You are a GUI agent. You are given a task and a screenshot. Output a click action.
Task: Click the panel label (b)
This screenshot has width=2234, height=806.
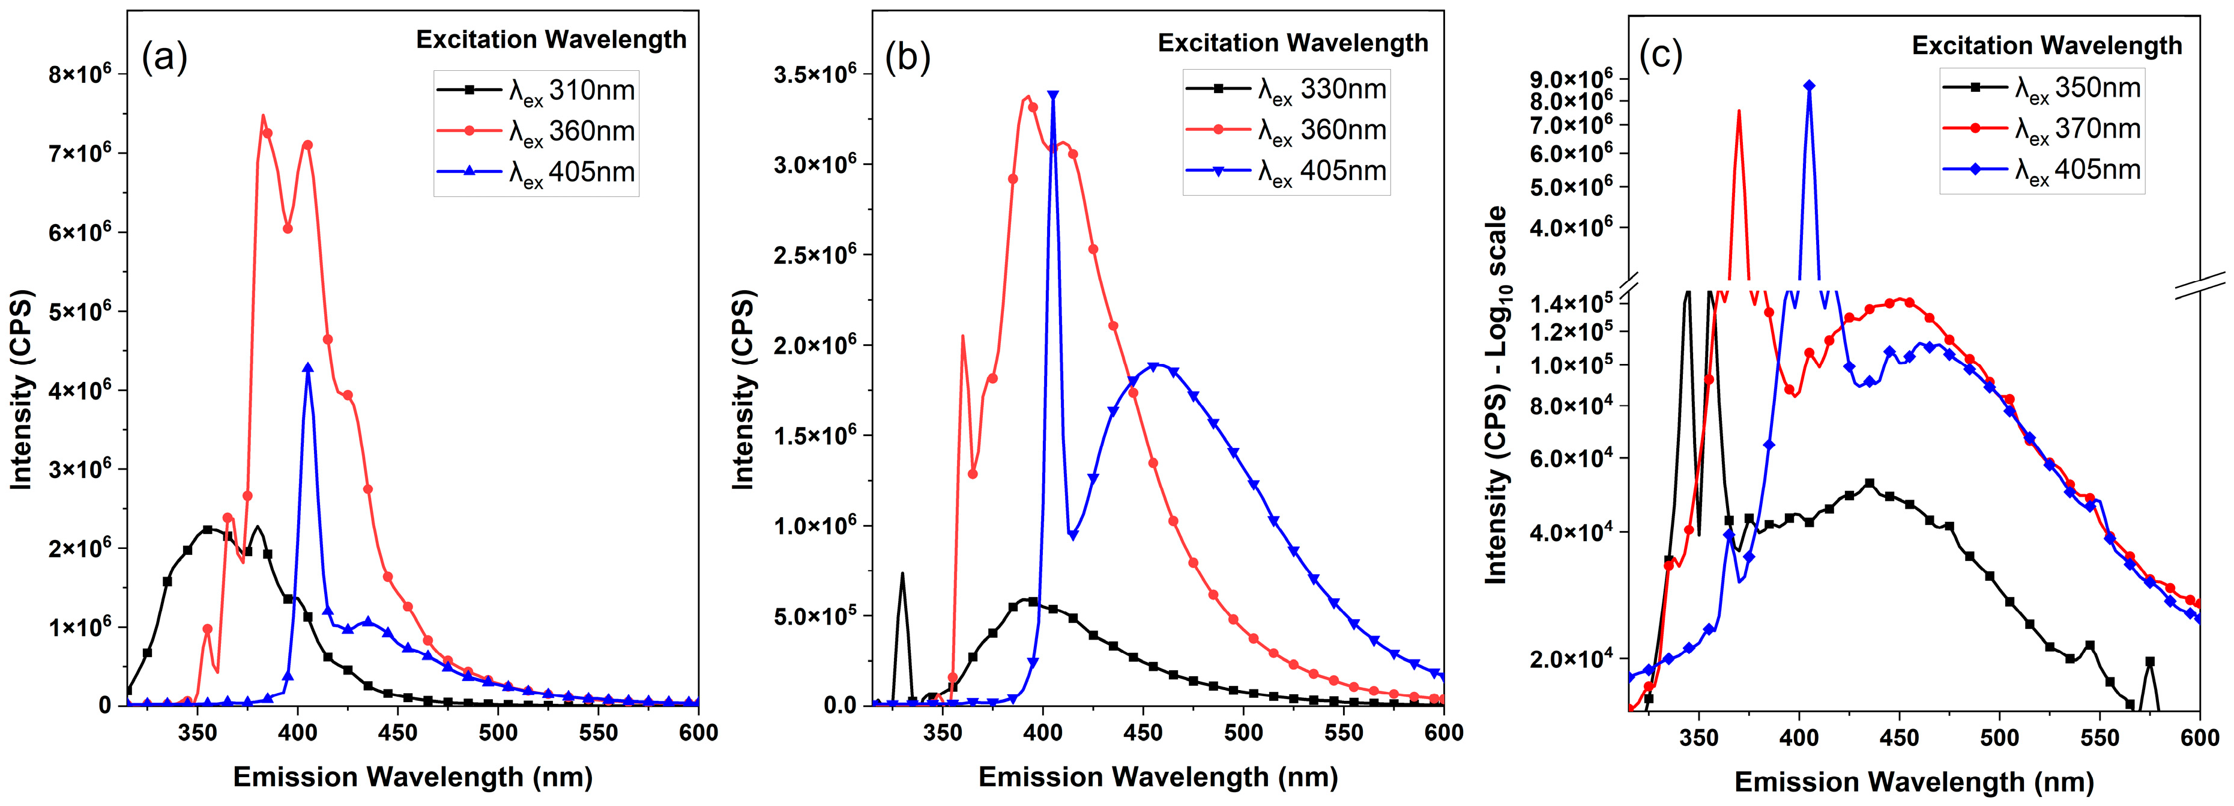907,57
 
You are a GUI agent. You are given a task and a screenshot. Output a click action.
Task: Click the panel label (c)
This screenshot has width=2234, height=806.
1660,55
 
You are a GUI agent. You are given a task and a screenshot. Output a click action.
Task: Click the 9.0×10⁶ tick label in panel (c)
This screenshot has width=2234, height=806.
1571,80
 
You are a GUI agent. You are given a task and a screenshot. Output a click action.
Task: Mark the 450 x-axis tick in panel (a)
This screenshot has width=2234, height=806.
398,733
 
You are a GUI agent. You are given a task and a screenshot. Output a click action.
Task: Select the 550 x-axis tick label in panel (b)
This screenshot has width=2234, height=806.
1344,733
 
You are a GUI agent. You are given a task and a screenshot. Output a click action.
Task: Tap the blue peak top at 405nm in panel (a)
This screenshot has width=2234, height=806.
308,368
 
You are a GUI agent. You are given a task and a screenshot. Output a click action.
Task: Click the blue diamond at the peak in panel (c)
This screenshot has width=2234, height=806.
1809,86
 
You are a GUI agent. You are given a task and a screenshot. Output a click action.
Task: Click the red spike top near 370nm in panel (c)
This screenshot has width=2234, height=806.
1739,111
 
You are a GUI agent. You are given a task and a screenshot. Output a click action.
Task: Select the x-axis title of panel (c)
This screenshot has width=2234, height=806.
1913,783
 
